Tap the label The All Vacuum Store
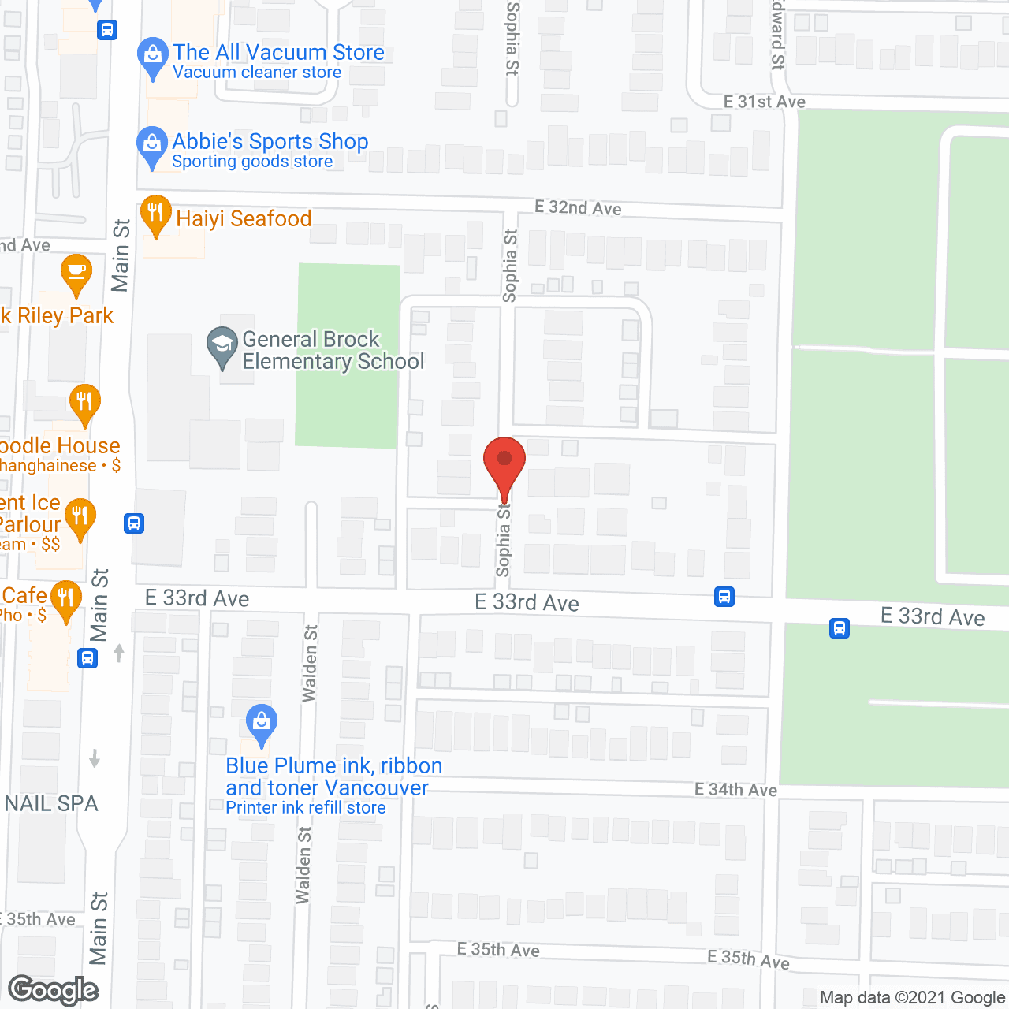tap(278, 52)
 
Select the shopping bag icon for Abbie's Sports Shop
tap(151, 145)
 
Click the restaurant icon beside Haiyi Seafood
tap(156, 214)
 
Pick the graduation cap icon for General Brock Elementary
tap(222, 344)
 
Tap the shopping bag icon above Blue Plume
tap(261, 722)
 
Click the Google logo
tap(54, 990)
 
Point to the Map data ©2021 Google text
tap(912, 997)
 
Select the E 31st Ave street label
tap(764, 102)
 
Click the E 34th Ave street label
tap(735, 789)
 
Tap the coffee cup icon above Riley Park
tap(76, 273)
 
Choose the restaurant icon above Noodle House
tap(84, 402)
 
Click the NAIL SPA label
tap(52, 803)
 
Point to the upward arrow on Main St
tap(119, 653)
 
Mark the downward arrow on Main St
tap(95, 758)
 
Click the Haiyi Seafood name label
tap(244, 218)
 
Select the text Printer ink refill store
tap(306, 808)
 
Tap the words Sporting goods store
tap(252, 162)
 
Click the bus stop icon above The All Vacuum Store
tap(107, 30)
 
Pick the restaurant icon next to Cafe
tap(65, 598)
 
